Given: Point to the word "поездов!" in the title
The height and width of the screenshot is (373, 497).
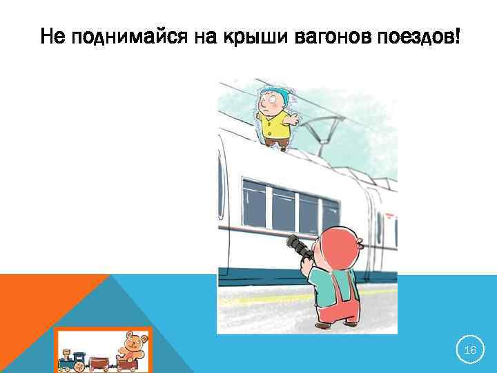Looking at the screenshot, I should [418, 35].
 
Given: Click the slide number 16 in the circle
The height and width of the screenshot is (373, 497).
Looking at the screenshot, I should [470, 351].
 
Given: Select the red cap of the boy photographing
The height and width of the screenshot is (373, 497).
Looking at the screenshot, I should [337, 245].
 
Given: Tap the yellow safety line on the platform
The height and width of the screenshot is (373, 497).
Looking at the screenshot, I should [276, 299].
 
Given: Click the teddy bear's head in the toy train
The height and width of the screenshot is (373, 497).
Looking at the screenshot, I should [130, 341].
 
